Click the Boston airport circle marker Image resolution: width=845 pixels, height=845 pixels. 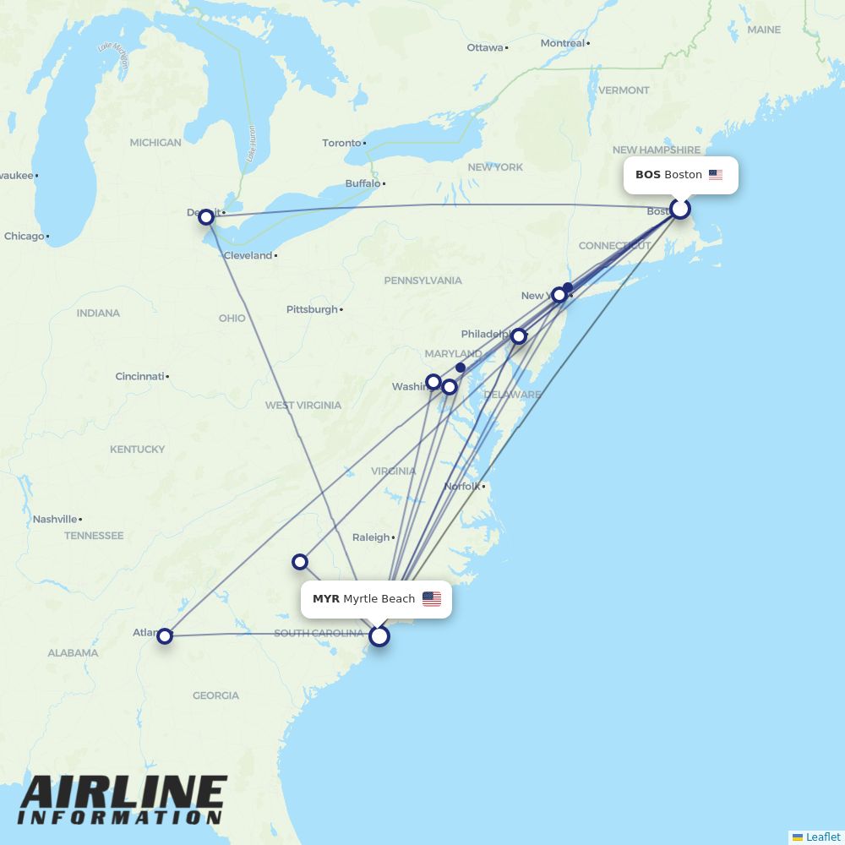680,208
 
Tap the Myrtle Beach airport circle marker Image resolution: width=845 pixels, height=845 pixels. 379,635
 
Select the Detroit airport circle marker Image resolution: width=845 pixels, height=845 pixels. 206,217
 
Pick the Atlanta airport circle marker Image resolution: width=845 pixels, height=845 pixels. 165,635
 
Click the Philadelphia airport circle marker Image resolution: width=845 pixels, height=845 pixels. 519,336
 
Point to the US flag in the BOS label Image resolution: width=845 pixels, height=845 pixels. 716,175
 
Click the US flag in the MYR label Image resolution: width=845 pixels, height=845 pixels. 432,599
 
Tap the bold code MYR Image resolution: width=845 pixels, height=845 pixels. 326,599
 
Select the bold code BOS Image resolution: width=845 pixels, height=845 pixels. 648,175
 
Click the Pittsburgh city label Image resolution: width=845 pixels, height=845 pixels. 312,309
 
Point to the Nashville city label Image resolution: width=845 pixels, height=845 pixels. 55,519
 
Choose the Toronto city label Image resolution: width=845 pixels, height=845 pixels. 341,143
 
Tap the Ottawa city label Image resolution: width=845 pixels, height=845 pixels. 485,47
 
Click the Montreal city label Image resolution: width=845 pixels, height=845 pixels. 563,43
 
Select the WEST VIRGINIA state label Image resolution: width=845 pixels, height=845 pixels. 303,406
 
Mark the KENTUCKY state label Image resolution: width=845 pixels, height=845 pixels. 137,450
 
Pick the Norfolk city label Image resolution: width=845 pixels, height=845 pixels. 462,486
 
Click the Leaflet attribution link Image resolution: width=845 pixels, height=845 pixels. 822,837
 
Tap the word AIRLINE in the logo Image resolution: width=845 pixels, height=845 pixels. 123,793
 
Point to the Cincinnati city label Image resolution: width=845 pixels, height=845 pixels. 139,376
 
